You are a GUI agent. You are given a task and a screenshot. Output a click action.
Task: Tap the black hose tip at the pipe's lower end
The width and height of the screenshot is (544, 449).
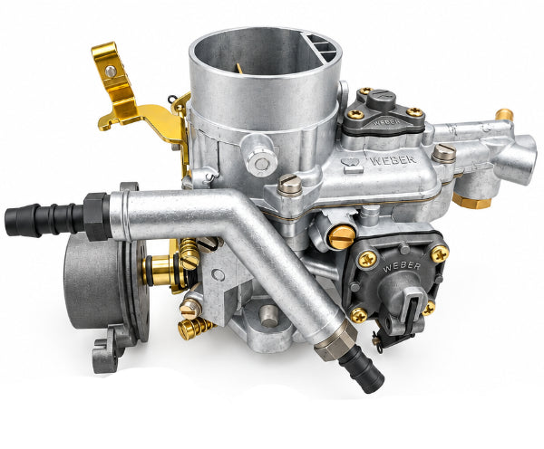362,369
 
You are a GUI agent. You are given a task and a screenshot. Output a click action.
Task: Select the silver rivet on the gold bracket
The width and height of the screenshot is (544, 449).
111,72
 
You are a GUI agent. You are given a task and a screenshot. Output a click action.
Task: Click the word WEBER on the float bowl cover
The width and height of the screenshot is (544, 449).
393,159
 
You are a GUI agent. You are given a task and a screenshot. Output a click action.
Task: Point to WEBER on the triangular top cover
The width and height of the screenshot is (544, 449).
387,122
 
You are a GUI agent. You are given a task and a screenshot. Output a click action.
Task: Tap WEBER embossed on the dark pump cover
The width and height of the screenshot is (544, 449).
402,267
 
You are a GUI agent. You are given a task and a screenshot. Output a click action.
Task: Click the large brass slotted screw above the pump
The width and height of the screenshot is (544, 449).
342,237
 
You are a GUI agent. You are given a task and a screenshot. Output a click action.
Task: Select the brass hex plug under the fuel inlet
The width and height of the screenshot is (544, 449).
471,201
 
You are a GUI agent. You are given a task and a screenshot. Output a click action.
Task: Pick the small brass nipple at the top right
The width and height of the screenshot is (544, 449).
504,114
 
